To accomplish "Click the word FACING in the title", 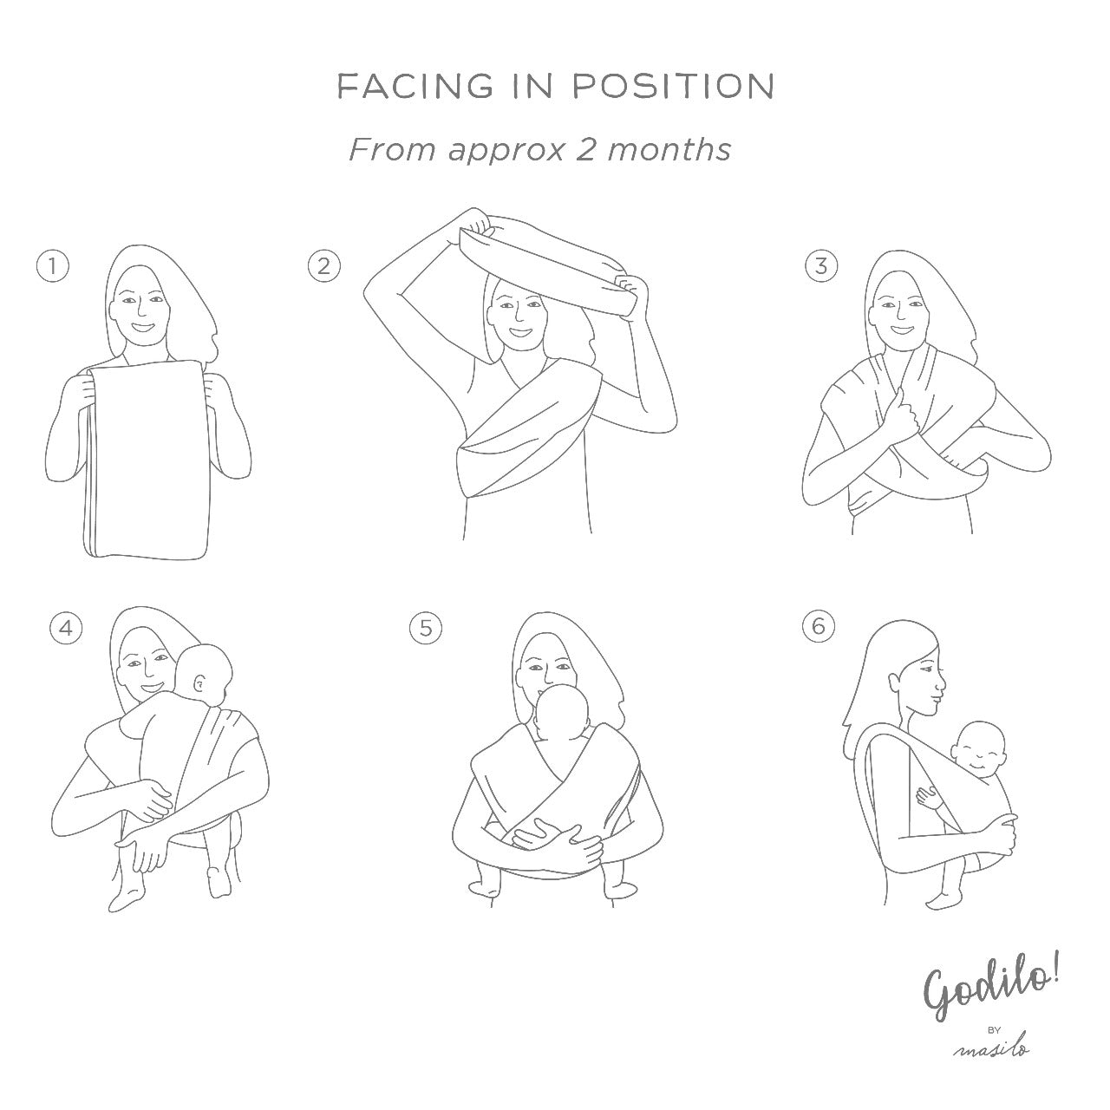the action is pos(415,87).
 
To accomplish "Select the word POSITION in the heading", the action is pos(674,87).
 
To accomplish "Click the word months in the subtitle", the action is pos(669,150).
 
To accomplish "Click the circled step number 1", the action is pos(52,267).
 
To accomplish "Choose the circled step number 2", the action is pos(324,266).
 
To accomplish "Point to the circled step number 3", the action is pos(821,266).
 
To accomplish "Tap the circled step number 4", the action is pos(66,628).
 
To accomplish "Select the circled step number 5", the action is pos(426,627).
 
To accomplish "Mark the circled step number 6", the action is pos(819,625).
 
